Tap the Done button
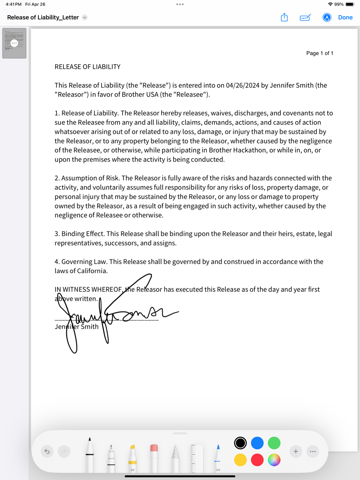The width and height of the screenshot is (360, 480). (x=345, y=17)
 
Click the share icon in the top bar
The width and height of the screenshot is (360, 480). (x=284, y=17)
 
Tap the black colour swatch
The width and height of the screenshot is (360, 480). (x=240, y=443)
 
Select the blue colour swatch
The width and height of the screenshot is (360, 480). (x=257, y=443)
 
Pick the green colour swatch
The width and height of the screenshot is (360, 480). (x=274, y=443)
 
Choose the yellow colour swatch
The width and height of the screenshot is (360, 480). (x=240, y=460)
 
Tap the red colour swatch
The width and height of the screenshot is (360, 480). (x=257, y=460)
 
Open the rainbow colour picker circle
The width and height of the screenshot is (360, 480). (x=274, y=460)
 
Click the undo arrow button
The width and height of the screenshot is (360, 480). (x=47, y=451)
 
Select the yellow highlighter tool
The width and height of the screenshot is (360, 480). (x=132, y=457)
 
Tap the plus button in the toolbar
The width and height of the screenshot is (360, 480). (x=296, y=451)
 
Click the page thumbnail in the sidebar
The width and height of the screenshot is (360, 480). (x=14, y=43)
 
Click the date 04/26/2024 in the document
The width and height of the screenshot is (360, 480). (x=243, y=85)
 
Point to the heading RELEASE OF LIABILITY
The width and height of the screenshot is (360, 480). (x=87, y=67)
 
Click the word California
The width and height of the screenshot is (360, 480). (x=89, y=271)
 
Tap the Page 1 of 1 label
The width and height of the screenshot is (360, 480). (x=320, y=53)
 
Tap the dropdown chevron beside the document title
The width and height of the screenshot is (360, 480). (x=85, y=17)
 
